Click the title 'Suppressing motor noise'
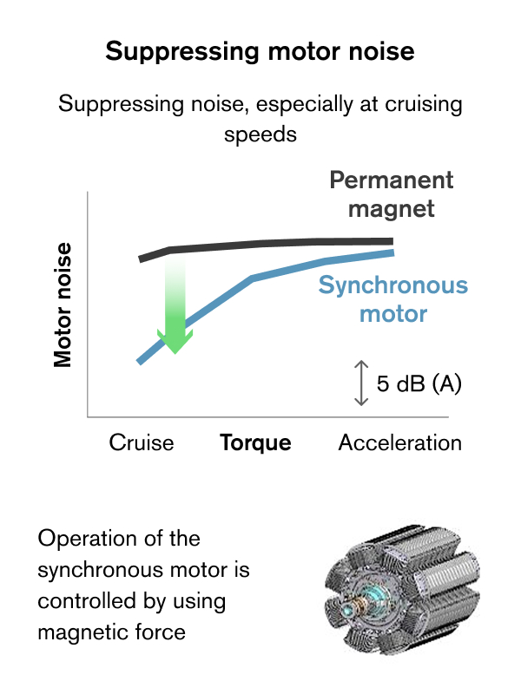pyautogui.click(x=260, y=51)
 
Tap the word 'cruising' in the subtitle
pyautogui.click(x=424, y=105)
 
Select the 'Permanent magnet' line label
pyautogui.click(x=392, y=194)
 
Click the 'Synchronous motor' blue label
pyautogui.click(x=393, y=298)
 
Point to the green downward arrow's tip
pyautogui.click(x=175, y=354)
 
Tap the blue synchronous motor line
pyautogui.click(x=252, y=278)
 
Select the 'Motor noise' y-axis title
pyautogui.click(x=63, y=305)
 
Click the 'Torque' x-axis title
pyautogui.click(x=255, y=442)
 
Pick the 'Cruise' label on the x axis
pyautogui.click(x=142, y=442)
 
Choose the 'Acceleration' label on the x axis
pyautogui.click(x=400, y=442)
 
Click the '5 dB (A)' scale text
pyautogui.click(x=419, y=383)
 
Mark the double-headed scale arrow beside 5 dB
pyautogui.click(x=361, y=383)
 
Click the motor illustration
pyautogui.click(x=402, y=590)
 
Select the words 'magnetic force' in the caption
pyautogui.click(x=112, y=632)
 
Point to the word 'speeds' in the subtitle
pyautogui.click(x=260, y=134)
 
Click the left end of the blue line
pyautogui.click(x=139, y=362)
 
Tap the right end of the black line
pyautogui.click(x=393, y=241)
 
